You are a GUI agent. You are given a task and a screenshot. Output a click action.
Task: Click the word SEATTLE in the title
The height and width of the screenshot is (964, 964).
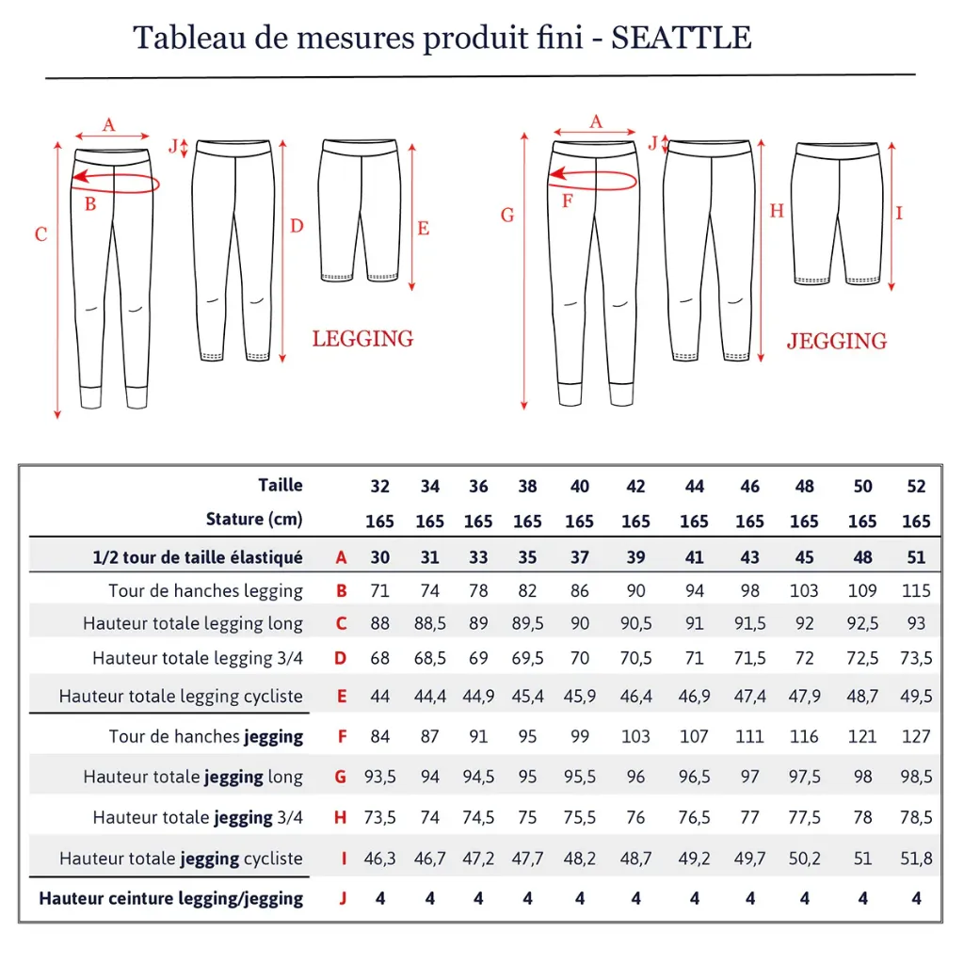point(682,38)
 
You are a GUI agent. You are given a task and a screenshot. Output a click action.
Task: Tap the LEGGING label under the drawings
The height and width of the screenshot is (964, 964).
point(362,339)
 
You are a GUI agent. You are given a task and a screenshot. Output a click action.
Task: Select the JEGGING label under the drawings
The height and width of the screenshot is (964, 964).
point(837,341)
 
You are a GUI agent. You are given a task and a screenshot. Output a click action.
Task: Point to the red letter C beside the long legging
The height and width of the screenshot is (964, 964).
point(40,234)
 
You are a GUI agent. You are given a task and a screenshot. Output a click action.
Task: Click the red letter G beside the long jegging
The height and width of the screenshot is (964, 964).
point(507,216)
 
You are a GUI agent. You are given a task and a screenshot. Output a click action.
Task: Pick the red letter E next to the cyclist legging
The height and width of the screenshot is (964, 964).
point(423,229)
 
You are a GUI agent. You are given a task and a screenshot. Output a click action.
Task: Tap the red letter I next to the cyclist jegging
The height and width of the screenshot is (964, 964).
point(899,214)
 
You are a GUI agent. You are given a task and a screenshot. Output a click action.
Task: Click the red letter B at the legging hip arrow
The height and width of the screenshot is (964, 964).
point(90,203)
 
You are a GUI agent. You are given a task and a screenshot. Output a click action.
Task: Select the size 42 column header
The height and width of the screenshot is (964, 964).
point(635,487)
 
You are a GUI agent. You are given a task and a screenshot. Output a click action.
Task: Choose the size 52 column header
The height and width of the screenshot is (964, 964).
point(916,487)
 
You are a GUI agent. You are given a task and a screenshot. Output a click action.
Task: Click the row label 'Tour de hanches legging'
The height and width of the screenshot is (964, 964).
point(205,591)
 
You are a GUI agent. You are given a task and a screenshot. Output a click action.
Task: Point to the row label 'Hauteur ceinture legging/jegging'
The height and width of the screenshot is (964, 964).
point(170,898)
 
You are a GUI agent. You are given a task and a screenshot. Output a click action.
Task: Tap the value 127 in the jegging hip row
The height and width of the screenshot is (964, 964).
point(916,736)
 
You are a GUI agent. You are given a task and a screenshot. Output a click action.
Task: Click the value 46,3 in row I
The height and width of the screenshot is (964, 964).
point(379,859)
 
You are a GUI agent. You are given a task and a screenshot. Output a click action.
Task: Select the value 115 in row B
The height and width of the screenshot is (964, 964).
point(916,591)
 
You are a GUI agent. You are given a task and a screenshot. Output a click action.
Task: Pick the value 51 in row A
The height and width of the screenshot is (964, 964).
point(916,557)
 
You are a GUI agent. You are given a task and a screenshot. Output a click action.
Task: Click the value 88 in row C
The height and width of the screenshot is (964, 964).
point(379,623)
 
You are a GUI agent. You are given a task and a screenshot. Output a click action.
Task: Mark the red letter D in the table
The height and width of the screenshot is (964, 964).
point(341,658)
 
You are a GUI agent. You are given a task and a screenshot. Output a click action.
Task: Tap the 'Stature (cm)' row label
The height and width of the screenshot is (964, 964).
point(254,520)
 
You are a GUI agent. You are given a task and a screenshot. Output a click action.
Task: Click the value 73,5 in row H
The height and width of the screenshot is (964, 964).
point(379,818)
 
